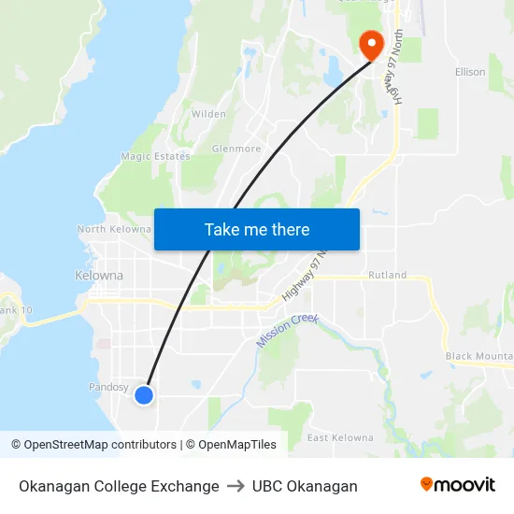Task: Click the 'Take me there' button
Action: click(256, 229)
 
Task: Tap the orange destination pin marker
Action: click(371, 44)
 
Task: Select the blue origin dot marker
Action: click(144, 395)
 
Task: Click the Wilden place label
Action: click(208, 114)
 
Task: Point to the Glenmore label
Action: click(236, 149)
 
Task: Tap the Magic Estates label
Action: click(155, 156)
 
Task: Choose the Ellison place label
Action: click(470, 72)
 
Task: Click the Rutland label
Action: click(387, 275)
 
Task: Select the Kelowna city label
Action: click(98, 276)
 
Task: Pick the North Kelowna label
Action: click(114, 229)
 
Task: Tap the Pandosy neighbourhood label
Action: click(108, 386)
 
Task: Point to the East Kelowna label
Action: click(340, 437)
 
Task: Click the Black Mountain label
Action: click(478, 356)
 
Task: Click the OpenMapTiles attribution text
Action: click(237, 445)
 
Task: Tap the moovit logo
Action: click(457, 485)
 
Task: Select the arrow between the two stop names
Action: click(236, 486)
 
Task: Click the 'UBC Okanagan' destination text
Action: click(305, 486)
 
